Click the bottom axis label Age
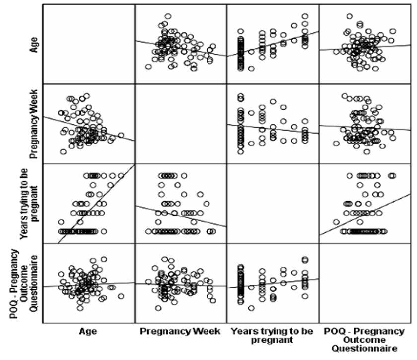(x=88, y=331)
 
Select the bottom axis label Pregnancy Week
(x=180, y=331)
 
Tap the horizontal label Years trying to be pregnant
(x=272, y=335)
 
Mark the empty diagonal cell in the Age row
(x=88, y=44)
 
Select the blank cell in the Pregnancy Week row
(x=180, y=124)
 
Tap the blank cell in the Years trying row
(x=272, y=204)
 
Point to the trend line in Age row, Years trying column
(x=272, y=44)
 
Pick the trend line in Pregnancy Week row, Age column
(x=88, y=129)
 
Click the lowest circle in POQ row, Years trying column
(x=251, y=308)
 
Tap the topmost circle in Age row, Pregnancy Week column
(x=168, y=16)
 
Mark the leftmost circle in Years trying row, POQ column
(x=336, y=222)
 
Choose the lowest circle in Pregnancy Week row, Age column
(x=63, y=152)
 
